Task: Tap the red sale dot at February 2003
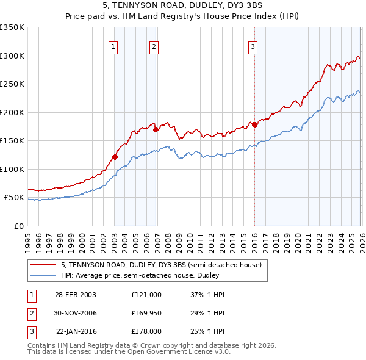[x=115, y=157]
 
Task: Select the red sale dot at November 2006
[x=156, y=129]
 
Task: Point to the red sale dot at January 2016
[x=254, y=124]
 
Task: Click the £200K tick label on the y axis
[x=12, y=112]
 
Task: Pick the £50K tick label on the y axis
[x=14, y=198]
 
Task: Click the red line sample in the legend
[x=43, y=265]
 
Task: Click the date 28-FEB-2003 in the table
[x=75, y=294]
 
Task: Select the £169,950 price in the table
[x=146, y=312]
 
